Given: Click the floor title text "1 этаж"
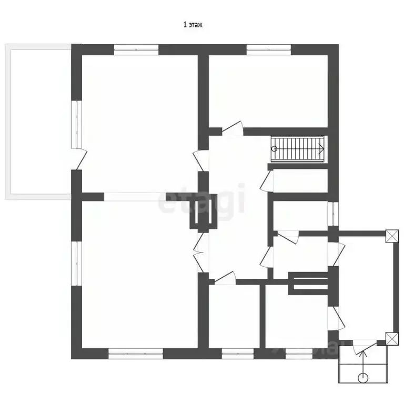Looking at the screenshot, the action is [x=193, y=25].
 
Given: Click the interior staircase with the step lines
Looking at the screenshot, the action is [x=298, y=149].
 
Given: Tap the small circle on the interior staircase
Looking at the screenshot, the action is [x=275, y=149].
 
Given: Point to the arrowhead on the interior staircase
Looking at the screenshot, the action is [x=321, y=149].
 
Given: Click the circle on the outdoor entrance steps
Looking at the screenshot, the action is [x=363, y=378].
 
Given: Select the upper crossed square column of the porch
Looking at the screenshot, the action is [x=392, y=236].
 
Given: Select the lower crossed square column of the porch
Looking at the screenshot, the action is [x=392, y=339].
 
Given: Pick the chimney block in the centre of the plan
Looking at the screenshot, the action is [x=204, y=211].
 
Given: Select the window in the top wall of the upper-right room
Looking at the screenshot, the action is [x=269, y=50].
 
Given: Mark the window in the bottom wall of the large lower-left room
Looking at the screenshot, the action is [x=136, y=353].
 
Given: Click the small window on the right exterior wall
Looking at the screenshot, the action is [x=333, y=214].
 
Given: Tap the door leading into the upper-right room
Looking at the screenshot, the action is [x=233, y=128].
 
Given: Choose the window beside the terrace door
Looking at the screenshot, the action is [x=76, y=125].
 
